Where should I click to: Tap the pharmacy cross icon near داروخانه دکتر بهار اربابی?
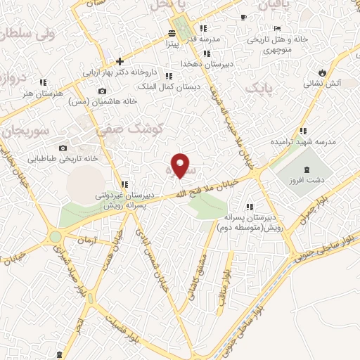pos(120,61)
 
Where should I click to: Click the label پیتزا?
pos(174,44)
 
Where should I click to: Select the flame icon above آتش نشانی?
pos(322,72)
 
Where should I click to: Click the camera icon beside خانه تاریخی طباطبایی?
pos(63,148)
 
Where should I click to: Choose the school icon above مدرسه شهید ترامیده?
pos(303,131)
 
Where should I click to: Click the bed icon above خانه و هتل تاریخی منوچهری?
pos(277,28)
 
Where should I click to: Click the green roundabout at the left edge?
pos(56,237)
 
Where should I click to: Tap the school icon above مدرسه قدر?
pos(203,29)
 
